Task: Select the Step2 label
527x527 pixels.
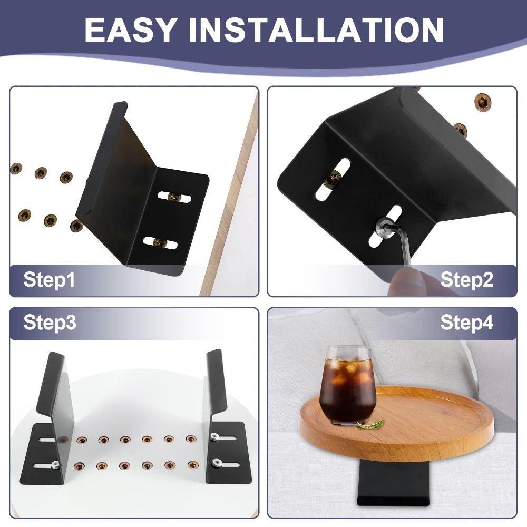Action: (x=467, y=279)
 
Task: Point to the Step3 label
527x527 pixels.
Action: (x=50, y=323)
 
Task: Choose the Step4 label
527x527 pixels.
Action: (x=467, y=323)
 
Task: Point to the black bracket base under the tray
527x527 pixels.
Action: (x=391, y=485)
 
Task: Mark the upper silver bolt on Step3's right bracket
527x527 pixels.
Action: (x=215, y=436)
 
